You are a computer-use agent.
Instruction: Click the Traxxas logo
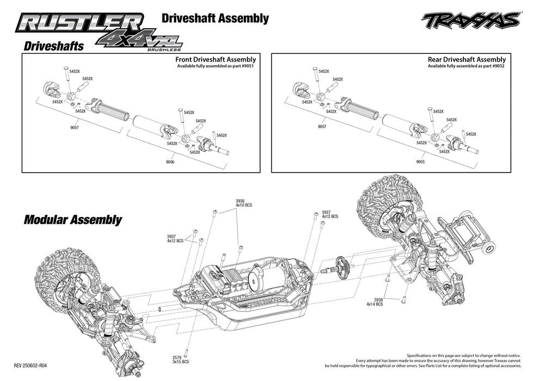[x=470, y=20]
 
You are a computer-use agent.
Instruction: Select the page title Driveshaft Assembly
[x=215, y=18]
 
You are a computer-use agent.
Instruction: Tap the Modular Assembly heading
[x=72, y=220]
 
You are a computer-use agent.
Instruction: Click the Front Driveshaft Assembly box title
[x=215, y=59]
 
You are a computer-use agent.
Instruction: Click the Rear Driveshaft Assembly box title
[x=467, y=59]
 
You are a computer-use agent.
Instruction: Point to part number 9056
[x=170, y=162]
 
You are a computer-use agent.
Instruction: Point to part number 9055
[x=420, y=162]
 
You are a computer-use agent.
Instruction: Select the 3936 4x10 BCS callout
[x=244, y=203]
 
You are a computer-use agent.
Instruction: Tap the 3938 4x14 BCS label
[x=375, y=302]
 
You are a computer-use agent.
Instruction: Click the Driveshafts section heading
[x=53, y=46]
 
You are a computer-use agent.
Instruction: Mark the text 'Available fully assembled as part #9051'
[x=215, y=66]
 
